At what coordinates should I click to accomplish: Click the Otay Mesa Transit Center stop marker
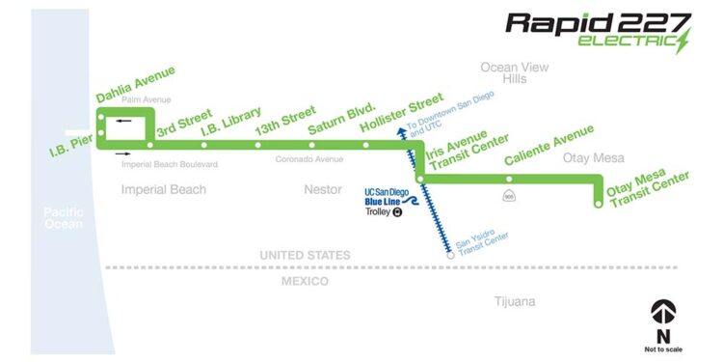[x=599, y=204]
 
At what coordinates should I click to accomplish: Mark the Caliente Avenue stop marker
[x=509, y=179]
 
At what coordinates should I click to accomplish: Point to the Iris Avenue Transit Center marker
[x=420, y=179]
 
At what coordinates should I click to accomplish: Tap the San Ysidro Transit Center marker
[x=450, y=256]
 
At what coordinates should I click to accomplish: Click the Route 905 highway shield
[x=509, y=197]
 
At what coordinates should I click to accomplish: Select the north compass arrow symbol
[x=663, y=311]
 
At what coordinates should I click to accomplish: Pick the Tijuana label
[x=513, y=302]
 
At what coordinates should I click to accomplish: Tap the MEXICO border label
[x=305, y=281]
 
